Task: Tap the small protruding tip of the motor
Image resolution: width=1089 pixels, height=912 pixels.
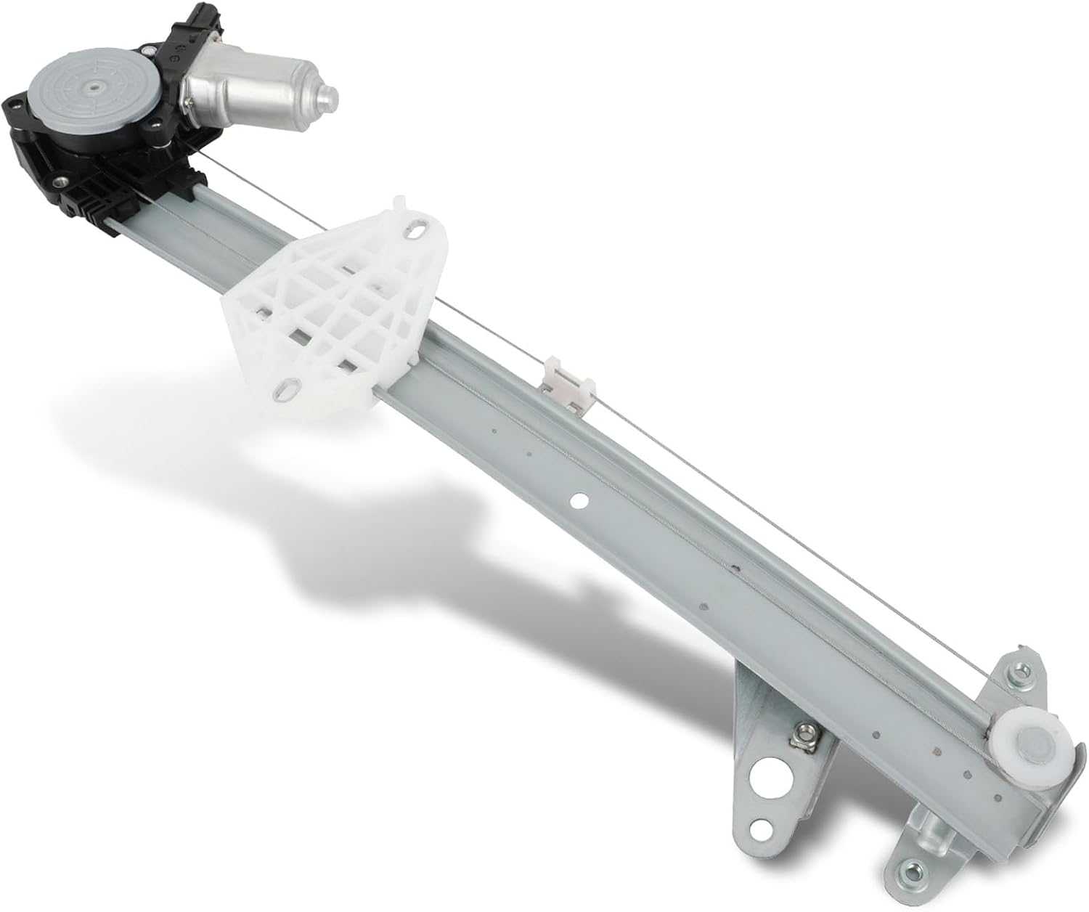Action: (329, 95)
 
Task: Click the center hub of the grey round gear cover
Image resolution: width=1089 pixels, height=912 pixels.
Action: (94, 88)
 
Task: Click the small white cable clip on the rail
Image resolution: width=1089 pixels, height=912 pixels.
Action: (565, 377)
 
